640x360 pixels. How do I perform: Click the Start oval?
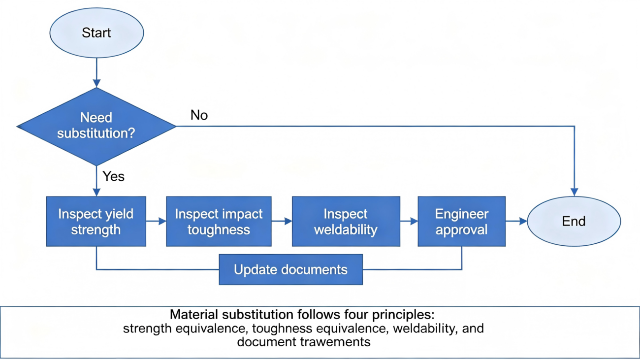pyautogui.click(x=96, y=33)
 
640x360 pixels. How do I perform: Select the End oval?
pyautogui.click(x=574, y=221)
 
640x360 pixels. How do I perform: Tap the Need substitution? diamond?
pyautogui.click(x=96, y=126)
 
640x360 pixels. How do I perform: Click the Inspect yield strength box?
pyautogui.click(x=96, y=222)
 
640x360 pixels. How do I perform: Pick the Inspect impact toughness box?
pyautogui.click(x=219, y=222)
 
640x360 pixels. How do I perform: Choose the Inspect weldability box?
pyautogui.click(x=346, y=222)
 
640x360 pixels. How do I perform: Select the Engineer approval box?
pyautogui.click(x=461, y=222)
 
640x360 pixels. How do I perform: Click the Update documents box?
pyautogui.click(x=291, y=269)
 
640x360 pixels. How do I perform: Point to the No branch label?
pyautogui.click(x=199, y=115)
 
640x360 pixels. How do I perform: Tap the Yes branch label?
pyautogui.click(x=113, y=176)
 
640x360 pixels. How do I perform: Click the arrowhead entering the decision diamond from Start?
pyautogui.click(x=96, y=83)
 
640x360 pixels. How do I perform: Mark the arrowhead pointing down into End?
pyautogui.click(x=575, y=192)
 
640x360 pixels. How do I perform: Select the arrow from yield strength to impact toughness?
pyautogui.click(x=156, y=221)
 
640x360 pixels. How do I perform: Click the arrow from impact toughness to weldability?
pyautogui.click(x=282, y=221)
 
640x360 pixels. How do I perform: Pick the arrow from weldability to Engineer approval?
pyautogui.click(x=409, y=221)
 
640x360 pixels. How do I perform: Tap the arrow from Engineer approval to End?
pyautogui.click(x=516, y=221)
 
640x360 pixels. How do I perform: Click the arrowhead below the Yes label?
pyautogui.click(x=96, y=192)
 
